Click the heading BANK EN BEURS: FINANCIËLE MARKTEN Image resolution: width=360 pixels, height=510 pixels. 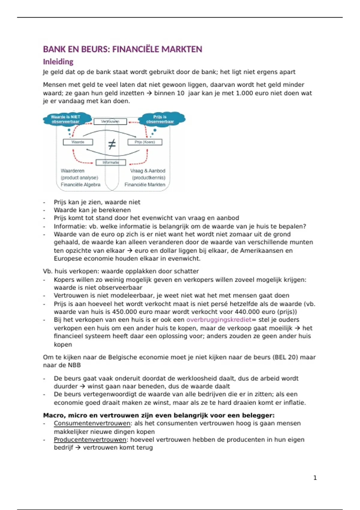122,49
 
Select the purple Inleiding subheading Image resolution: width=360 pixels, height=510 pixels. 58,61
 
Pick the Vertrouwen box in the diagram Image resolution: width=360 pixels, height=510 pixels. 110,121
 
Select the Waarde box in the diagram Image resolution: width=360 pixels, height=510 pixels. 78,142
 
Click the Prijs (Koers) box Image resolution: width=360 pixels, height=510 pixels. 145,142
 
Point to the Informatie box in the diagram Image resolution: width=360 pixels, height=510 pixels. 111,162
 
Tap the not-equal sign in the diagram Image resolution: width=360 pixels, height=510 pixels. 112,145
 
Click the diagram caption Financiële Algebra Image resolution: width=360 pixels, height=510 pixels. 80,184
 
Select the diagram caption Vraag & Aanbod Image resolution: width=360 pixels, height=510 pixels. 148,171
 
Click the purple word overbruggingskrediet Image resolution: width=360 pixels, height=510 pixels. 219,319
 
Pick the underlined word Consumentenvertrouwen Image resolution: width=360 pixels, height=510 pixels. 92,423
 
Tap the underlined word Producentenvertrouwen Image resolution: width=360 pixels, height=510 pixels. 90,439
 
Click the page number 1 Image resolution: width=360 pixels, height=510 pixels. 315,478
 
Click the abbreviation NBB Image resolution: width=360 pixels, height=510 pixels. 74,365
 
